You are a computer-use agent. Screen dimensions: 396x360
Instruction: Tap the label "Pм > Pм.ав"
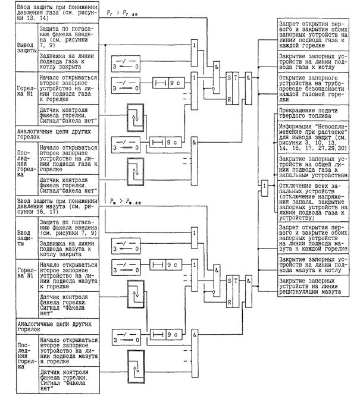pyautogui.click(x=123, y=203)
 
